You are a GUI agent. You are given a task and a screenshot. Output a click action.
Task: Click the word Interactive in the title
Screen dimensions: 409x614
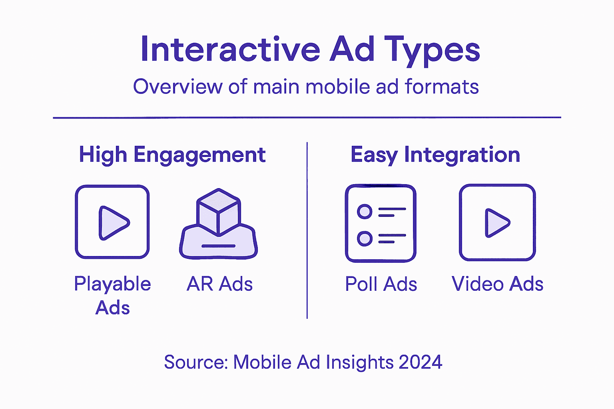pyautogui.click(x=230, y=50)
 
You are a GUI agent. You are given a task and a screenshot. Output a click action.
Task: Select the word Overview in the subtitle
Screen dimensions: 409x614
pyautogui.click(x=177, y=87)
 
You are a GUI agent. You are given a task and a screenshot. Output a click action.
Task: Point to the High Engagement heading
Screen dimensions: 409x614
pyautogui.click(x=172, y=155)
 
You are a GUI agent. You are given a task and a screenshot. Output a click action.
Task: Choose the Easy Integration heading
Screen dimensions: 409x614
pyautogui.click(x=435, y=155)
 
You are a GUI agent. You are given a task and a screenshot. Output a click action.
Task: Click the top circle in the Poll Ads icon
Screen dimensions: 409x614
pyautogui.click(x=365, y=211)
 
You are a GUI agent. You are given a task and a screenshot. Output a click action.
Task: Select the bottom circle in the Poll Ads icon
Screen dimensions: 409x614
pyautogui.click(x=365, y=238)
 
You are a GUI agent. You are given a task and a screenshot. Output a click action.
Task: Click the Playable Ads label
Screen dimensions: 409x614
pyautogui.click(x=113, y=296)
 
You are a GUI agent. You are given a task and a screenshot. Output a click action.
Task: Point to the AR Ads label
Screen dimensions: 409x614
pyautogui.click(x=219, y=284)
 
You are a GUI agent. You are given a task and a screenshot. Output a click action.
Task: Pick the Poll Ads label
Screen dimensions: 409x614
pyautogui.click(x=381, y=284)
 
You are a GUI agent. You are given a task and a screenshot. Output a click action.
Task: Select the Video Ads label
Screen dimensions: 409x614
pyautogui.click(x=497, y=284)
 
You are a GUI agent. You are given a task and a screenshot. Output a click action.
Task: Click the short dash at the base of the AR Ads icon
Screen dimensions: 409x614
pyautogui.click(x=218, y=246)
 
